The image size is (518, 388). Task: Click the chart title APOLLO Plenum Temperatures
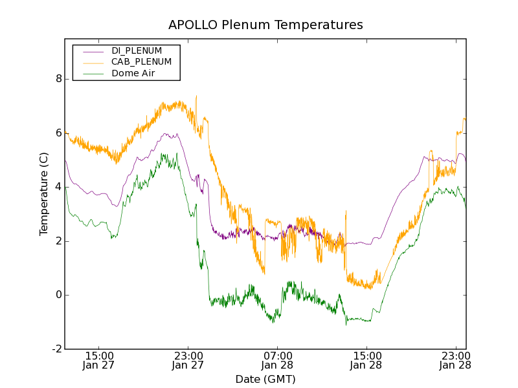click(x=265, y=25)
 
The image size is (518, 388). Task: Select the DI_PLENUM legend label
click(x=137, y=50)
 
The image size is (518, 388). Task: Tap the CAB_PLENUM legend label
click(x=141, y=62)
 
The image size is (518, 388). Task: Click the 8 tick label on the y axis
click(x=58, y=79)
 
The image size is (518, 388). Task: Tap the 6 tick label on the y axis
click(x=58, y=133)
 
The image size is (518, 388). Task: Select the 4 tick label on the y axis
click(x=58, y=187)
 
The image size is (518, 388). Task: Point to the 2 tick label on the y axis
click(x=58, y=241)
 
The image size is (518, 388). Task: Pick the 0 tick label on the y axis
click(x=58, y=295)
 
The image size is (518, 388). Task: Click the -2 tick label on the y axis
click(x=56, y=349)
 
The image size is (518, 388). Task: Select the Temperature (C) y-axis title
click(x=44, y=194)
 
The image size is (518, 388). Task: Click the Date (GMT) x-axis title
click(x=265, y=379)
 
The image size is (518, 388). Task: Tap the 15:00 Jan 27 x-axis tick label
click(x=99, y=360)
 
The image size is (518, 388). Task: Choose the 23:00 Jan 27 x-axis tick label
click(x=188, y=360)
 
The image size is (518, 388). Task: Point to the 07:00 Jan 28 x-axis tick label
click(x=277, y=360)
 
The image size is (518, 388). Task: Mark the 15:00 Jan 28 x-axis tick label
click(x=366, y=360)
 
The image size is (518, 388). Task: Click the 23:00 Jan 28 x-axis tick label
click(x=455, y=360)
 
